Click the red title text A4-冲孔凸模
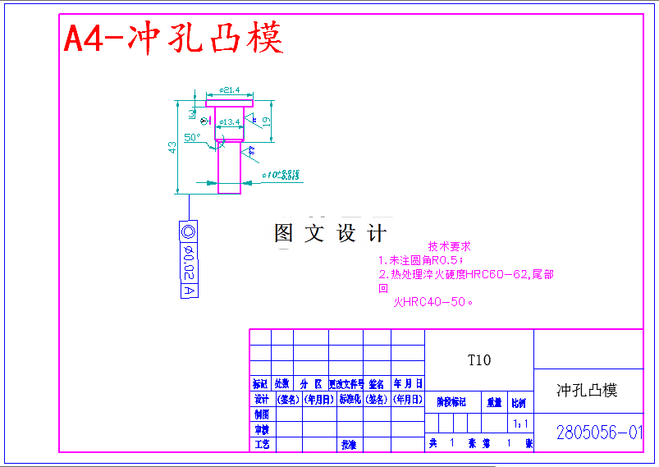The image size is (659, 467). (x=173, y=37)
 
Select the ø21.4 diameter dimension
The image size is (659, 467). (x=229, y=89)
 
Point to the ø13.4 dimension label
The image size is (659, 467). (x=229, y=121)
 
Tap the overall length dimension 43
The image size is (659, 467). (x=172, y=147)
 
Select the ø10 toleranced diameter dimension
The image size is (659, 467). (x=280, y=175)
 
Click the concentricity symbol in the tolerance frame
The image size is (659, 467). (x=188, y=231)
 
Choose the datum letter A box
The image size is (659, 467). (x=188, y=291)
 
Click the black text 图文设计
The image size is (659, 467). (x=330, y=233)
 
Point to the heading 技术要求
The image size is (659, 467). (x=449, y=245)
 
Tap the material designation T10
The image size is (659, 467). (x=479, y=359)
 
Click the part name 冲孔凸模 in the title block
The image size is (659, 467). (x=587, y=390)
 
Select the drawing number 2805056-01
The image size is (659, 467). (x=599, y=432)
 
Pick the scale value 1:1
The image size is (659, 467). (x=519, y=424)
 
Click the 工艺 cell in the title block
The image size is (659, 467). (x=261, y=444)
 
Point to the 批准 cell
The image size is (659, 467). (x=349, y=444)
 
